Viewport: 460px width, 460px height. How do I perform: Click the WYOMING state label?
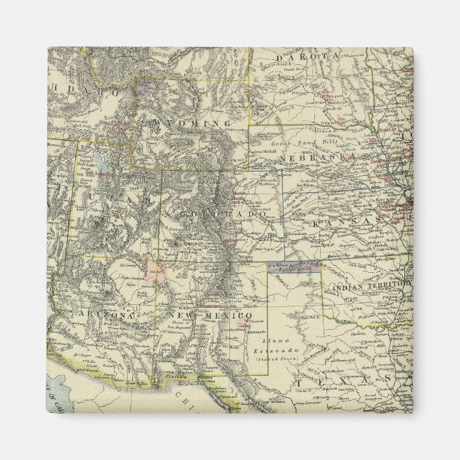(189, 124)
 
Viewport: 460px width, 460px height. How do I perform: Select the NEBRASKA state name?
(317, 156)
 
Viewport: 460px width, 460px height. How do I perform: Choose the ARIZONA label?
(109, 314)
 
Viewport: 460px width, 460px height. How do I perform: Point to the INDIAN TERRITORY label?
(371, 286)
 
